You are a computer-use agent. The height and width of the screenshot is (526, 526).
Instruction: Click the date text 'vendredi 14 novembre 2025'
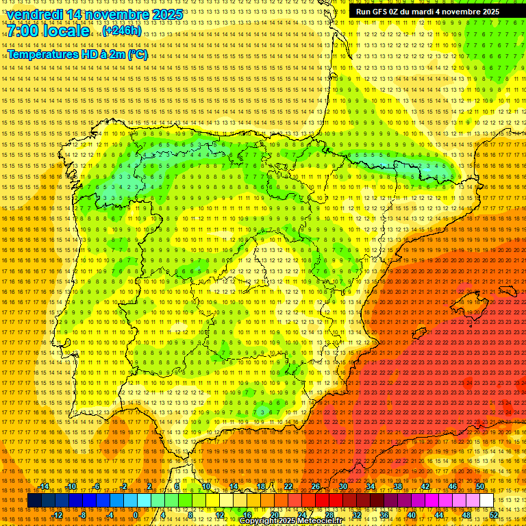(x=95, y=14)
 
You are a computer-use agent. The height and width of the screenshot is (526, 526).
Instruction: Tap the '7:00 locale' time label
(x=48, y=31)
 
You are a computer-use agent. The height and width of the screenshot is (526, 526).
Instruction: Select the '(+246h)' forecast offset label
(x=122, y=31)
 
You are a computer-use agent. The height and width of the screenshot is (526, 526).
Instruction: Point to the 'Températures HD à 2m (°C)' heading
(x=77, y=54)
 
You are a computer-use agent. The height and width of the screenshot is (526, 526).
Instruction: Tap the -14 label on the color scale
(x=45, y=486)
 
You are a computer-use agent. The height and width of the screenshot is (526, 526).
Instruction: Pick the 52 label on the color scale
(x=493, y=515)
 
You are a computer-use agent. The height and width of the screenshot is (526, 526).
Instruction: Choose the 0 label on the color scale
(x=135, y=515)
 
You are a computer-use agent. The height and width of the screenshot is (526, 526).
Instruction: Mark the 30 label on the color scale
(x=342, y=486)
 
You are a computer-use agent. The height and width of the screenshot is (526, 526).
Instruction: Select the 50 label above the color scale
(x=480, y=486)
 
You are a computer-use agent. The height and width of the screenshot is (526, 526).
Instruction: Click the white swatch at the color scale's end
(x=486, y=501)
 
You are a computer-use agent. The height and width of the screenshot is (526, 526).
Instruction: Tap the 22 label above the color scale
(x=288, y=486)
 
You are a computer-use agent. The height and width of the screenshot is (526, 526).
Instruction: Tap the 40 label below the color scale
(x=411, y=515)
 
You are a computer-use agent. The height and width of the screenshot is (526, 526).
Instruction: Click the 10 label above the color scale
(x=205, y=486)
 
